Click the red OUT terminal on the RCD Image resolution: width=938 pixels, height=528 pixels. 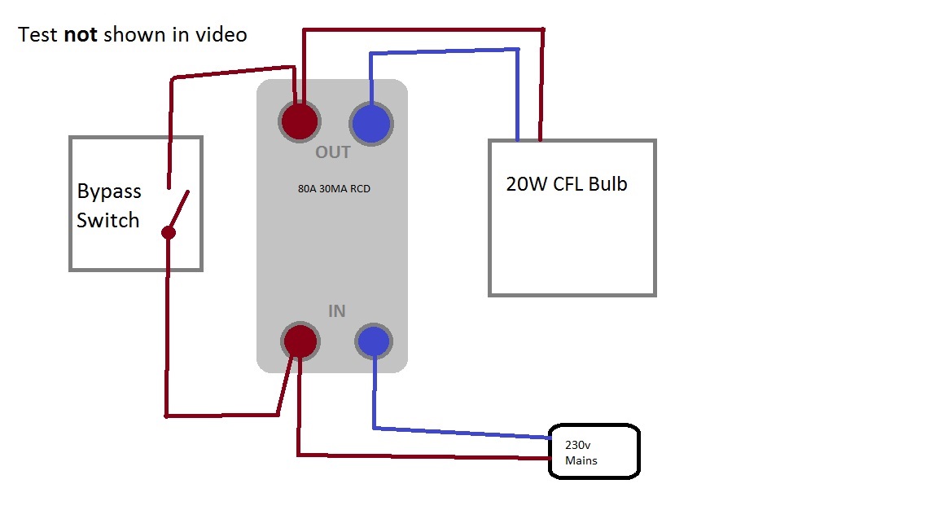click(300, 122)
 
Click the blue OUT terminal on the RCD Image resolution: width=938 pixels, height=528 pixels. click(371, 123)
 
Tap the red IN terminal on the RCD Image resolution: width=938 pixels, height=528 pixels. click(300, 341)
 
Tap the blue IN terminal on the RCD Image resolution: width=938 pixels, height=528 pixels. click(374, 341)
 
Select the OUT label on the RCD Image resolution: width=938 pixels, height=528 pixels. click(332, 152)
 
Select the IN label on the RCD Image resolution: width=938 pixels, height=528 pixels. click(336, 311)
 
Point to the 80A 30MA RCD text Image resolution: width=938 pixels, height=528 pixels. click(334, 189)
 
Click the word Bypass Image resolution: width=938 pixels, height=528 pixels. click(109, 191)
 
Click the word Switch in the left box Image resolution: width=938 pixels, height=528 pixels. click(107, 220)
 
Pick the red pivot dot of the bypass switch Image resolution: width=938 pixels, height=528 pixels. click(168, 233)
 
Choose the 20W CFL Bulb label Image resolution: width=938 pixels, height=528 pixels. click(567, 184)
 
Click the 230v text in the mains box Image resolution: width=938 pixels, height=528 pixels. click(576, 445)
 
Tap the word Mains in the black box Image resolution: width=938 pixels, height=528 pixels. click(581, 460)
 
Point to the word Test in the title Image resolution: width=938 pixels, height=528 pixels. click(38, 35)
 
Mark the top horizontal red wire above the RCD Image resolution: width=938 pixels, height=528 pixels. click(423, 31)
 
